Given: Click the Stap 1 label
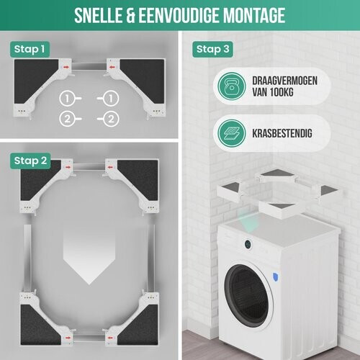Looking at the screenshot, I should [x=30, y=49].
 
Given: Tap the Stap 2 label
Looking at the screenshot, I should [x=30, y=160].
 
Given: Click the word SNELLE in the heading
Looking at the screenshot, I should [x=104, y=15].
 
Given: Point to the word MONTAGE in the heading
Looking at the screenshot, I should [x=254, y=15].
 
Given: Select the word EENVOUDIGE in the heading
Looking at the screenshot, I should [x=184, y=15].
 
